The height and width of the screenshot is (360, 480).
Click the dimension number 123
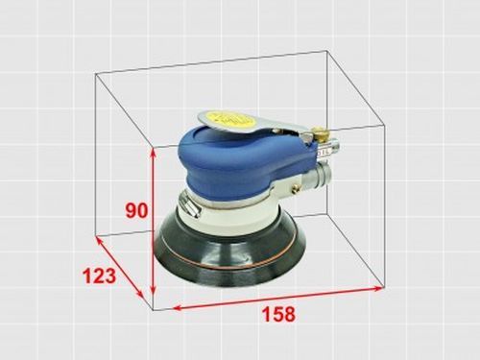tap(98, 276)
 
